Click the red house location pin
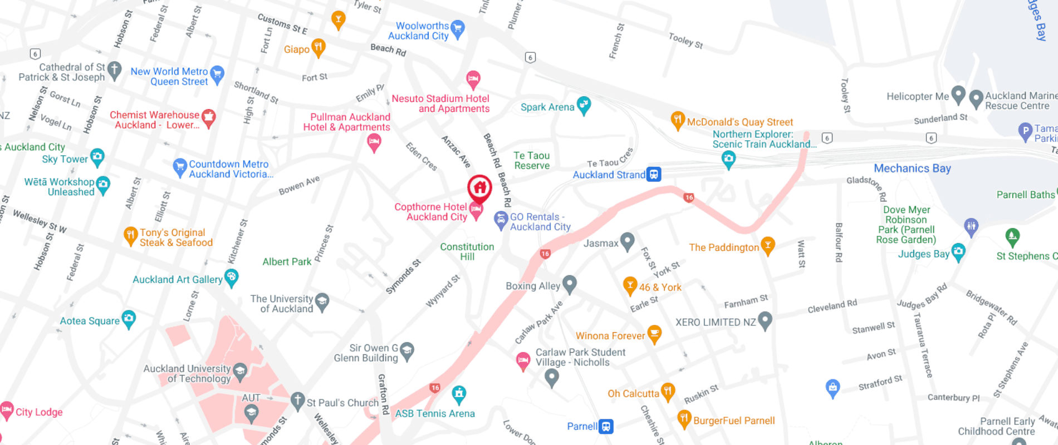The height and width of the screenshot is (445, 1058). tap(479, 188)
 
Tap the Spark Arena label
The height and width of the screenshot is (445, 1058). tap(547, 107)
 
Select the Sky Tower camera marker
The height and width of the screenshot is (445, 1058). tap(97, 157)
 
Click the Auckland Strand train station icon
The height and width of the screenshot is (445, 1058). tap(654, 175)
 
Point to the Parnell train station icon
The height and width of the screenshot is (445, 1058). tap(606, 427)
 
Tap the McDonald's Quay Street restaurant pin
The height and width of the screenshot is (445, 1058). tap(677, 120)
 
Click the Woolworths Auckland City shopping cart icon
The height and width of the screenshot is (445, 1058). tap(458, 28)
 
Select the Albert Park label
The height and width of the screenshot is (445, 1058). tap(287, 261)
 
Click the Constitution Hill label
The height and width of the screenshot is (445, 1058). tap(467, 251)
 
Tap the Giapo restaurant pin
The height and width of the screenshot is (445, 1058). tap(318, 47)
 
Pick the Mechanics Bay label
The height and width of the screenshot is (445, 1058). tap(912, 168)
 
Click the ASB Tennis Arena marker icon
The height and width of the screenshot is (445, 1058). tap(459, 394)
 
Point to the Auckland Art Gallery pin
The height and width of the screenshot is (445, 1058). tap(231, 277)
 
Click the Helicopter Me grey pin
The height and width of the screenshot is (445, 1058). tap(958, 95)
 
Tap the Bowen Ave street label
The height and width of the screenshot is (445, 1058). tap(299, 186)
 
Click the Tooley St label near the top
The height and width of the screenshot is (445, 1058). tap(685, 40)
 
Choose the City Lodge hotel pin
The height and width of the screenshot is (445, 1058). tap(7, 411)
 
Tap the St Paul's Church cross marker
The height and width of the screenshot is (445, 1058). tap(298, 400)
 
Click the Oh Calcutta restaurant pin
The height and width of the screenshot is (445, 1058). tap(668, 392)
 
